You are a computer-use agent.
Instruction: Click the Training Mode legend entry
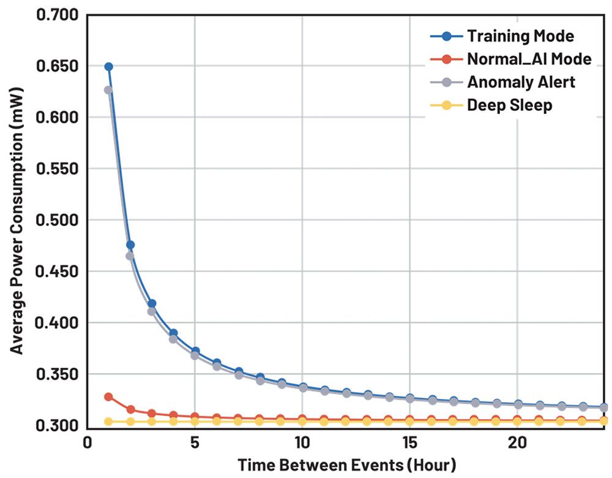coord(520,36)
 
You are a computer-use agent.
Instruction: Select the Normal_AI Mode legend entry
coord(528,59)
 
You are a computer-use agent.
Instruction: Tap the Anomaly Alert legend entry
coord(521,82)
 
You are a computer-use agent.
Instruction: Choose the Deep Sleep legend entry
coord(509,105)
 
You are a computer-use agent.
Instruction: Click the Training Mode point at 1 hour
coord(109,66)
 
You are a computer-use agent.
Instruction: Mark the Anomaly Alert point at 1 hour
coord(108,90)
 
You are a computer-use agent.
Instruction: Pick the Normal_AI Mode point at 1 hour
coord(109,396)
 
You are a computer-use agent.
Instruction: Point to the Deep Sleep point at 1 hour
coord(109,422)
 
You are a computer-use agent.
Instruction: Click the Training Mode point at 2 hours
coord(130,245)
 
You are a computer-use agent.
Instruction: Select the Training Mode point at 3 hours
coord(152,303)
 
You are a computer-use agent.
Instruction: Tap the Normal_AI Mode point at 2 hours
coord(130,409)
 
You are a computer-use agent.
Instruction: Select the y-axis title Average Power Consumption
coord(17,221)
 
